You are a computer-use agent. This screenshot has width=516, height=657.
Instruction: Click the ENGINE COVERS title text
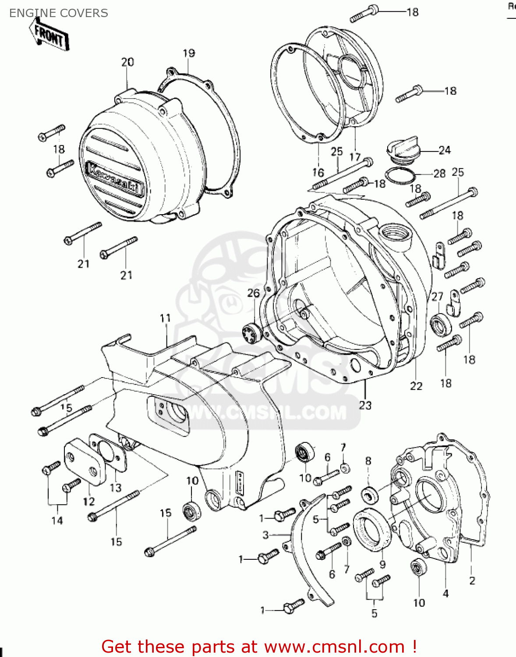[x=58, y=13]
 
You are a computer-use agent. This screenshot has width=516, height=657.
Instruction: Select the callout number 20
[x=127, y=62]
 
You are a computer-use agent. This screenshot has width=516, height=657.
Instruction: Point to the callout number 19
[x=189, y=53]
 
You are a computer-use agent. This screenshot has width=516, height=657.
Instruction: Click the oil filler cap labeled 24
[x=403, y=151]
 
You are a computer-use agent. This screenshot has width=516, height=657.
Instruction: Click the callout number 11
[x=165, y=318]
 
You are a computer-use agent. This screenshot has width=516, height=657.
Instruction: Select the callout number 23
[x=365, y=405]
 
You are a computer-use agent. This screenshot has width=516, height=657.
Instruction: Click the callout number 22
[x=416, y=386]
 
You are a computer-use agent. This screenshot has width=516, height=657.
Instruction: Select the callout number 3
[x=265, y=535]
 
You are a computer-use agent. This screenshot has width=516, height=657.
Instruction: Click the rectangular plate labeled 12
[x=81, y=464]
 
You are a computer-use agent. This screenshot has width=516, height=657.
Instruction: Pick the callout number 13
[x=116, y=487]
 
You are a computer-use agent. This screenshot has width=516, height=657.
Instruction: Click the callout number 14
[x=57, y=520]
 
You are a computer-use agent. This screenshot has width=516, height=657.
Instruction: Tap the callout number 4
[x=445, y=593]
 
